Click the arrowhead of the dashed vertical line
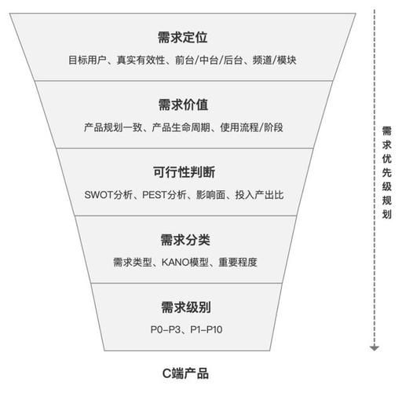375,347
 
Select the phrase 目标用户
86,60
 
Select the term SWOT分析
107,194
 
